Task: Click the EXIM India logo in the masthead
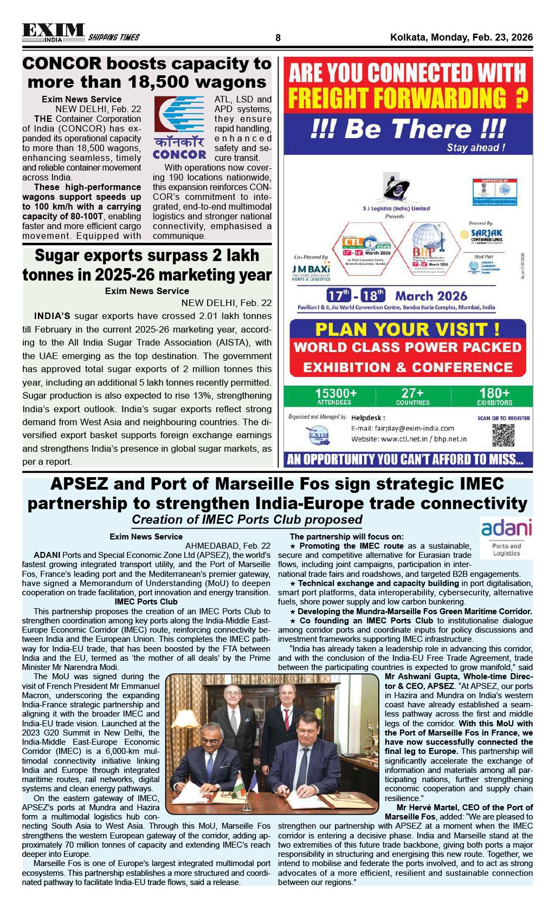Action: pyautogui.click(x=53, y=33)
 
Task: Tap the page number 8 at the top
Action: pyautogui.click(x=278, y=38)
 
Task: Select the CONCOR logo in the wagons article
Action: pyautogui.click(x=179, y=128)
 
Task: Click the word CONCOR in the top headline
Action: pyautogui.click(x=62, y=64)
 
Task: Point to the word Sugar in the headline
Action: pyautogui.click(x=58, y=255)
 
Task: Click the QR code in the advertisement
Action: pyautogui.click(x=502, y=435)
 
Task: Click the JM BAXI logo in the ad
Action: pyautogui.click(x=311, y=270)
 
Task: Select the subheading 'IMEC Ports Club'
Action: pyautogui.click(x=146, y=602)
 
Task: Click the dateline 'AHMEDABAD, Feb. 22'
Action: pyautogui.click(x=228, y=545)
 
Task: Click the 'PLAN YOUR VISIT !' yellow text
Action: pyautogui.click(x=407, y=329)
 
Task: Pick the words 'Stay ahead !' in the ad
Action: pyautogui.click(x=475, y=148)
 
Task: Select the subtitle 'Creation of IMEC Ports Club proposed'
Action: pyautogui.click(x=247, y=520)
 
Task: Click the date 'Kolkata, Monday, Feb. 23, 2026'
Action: pyautogui.click(x=461, y=38)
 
